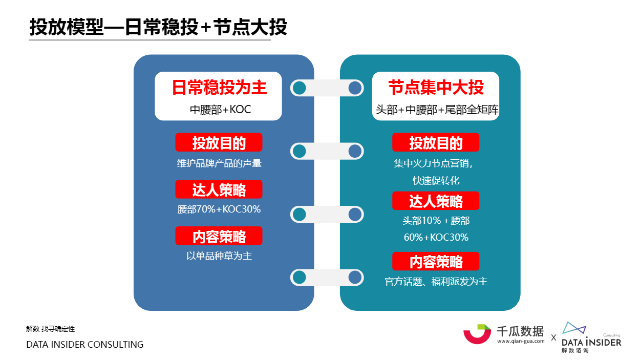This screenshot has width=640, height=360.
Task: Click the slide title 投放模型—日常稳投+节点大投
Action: pyautogui.click(x=158, y=27)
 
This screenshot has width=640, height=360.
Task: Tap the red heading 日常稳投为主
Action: pyautogui.click(x=219, y=88)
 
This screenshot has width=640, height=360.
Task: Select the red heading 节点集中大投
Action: pyautogui.click(x=436, y=87)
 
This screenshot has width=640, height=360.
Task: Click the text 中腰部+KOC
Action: pyautogui.click(x=220, y=110)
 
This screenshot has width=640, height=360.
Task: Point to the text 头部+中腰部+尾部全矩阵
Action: pyautogui.click(x=437, y=110)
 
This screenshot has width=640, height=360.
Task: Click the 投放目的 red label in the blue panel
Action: pyautogui.click(x=219, y=142)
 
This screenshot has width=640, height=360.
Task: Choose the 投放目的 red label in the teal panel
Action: pyautogui.click(x=436, y=142)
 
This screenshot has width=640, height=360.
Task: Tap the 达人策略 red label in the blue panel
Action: pyautogui.click(x=219, y=189)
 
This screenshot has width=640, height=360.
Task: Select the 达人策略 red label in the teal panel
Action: pyautogui.click(x=436, y=201)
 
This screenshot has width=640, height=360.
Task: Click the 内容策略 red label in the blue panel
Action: pyautogui.click(x=219, y=236)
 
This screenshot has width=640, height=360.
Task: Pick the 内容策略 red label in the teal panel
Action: pyautogui.click(x=436, y=261)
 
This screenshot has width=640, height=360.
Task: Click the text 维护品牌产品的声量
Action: pyautogui.click(x=219, y=163)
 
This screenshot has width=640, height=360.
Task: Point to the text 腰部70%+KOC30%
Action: pyautogui.click(x=219, y=209)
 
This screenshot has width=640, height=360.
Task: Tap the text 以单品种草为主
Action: pyautogui.click(x=219, y=256)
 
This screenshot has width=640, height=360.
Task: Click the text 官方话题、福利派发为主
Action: pyautogui.click(x=436, y=282)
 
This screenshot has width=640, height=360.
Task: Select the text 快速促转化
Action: pyautogui.click(x=436, y=180)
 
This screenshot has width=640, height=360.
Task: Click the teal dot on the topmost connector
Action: pyautogui.click(x=300, y=88)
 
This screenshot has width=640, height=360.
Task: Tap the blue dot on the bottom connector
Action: pyautogui.click(x=355, y=278)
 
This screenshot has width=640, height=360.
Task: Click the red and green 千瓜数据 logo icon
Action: pyautogui.click(x=477, y=334)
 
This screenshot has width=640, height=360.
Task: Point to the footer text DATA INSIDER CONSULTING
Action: pyautogui.click(x=85, y=345)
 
